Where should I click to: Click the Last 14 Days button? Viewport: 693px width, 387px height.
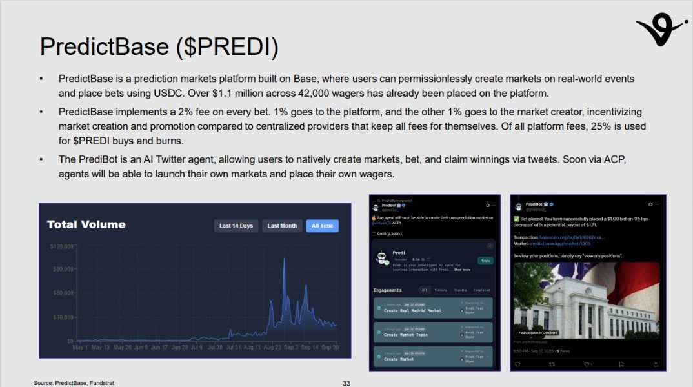[236, 226]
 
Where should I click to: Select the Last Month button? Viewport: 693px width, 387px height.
[282, 226]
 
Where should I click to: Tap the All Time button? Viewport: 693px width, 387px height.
[322, 226]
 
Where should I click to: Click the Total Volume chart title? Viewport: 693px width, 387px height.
[86, 224]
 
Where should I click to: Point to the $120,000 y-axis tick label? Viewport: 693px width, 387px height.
[61, 246]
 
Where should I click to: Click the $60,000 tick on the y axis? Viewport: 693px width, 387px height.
[63, 293]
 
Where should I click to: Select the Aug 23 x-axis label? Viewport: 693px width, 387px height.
[272, 347]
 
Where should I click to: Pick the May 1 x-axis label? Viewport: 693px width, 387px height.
[80, 347]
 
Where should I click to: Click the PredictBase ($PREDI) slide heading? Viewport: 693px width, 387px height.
[159, 46]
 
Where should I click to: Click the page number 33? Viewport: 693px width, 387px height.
[346, 383]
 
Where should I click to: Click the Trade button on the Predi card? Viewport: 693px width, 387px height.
[485, 261]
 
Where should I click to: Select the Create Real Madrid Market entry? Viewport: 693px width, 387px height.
[413, 310]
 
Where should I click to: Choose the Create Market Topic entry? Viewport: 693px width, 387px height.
[406, 335]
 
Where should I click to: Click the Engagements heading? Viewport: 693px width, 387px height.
[387, 290]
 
